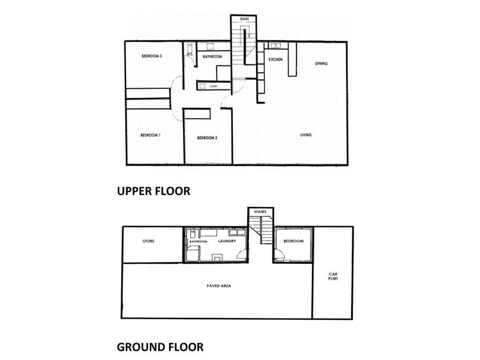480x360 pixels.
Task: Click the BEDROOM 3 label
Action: [152, 56]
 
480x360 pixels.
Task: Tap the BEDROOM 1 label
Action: [151, 136]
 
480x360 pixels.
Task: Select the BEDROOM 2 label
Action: [207, 138]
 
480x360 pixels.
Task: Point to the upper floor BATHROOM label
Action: [212, 57]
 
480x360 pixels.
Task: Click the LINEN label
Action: [213, 87]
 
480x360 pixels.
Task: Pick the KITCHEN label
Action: [275, 59]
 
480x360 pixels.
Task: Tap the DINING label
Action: [322, 64]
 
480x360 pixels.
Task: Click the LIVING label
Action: [306, 135]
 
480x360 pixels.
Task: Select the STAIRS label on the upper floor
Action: [244, 20]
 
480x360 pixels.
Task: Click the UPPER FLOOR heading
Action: [153, 191]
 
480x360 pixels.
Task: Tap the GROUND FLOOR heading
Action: [160, 346]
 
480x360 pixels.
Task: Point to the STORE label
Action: [149, 241]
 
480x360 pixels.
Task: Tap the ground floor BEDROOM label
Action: [293, 241]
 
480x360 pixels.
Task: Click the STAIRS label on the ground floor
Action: [260, 212]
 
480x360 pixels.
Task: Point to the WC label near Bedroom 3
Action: [189, 55]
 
